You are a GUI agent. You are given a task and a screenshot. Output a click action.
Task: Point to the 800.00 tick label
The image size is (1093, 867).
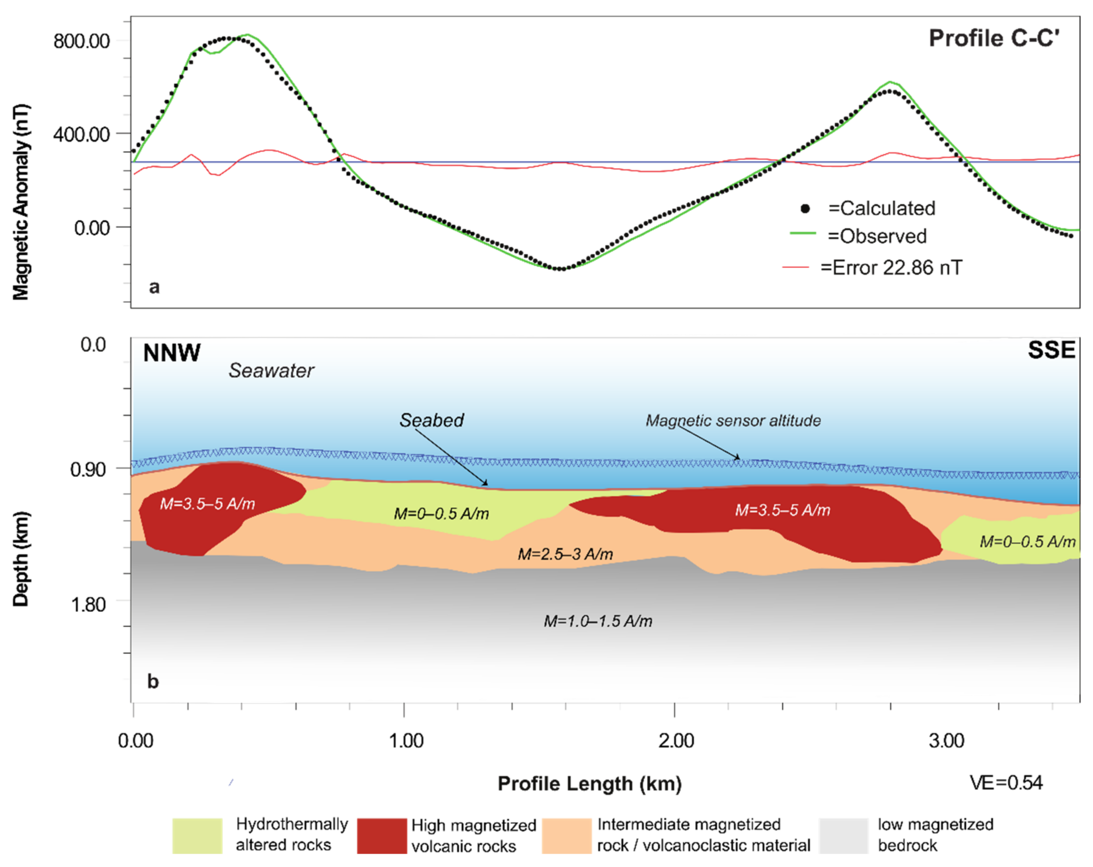[82, 41]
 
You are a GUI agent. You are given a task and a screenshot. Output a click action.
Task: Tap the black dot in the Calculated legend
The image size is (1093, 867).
[805, 208]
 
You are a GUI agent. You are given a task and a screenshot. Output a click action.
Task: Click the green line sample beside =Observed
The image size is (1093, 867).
[803, 233]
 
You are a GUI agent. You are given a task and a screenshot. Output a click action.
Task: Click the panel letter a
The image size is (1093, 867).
[154, 287]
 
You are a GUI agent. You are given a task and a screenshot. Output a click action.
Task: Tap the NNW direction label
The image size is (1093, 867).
[172, 353]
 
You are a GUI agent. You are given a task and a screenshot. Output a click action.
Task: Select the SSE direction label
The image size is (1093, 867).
[1051, 350]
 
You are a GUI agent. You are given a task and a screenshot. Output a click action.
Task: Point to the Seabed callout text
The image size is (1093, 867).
[431, 420]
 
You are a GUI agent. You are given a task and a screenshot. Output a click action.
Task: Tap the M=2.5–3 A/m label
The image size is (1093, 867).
[565, 554]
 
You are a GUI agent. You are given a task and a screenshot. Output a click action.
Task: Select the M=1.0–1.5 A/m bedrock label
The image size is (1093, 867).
[598, 621]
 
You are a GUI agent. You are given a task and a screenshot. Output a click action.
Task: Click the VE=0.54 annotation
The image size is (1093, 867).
[1006, 783]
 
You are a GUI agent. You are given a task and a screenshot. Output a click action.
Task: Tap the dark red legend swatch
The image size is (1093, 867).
[382, 836]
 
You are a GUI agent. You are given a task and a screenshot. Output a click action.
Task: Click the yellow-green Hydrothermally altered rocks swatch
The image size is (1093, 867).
[197, 836]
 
